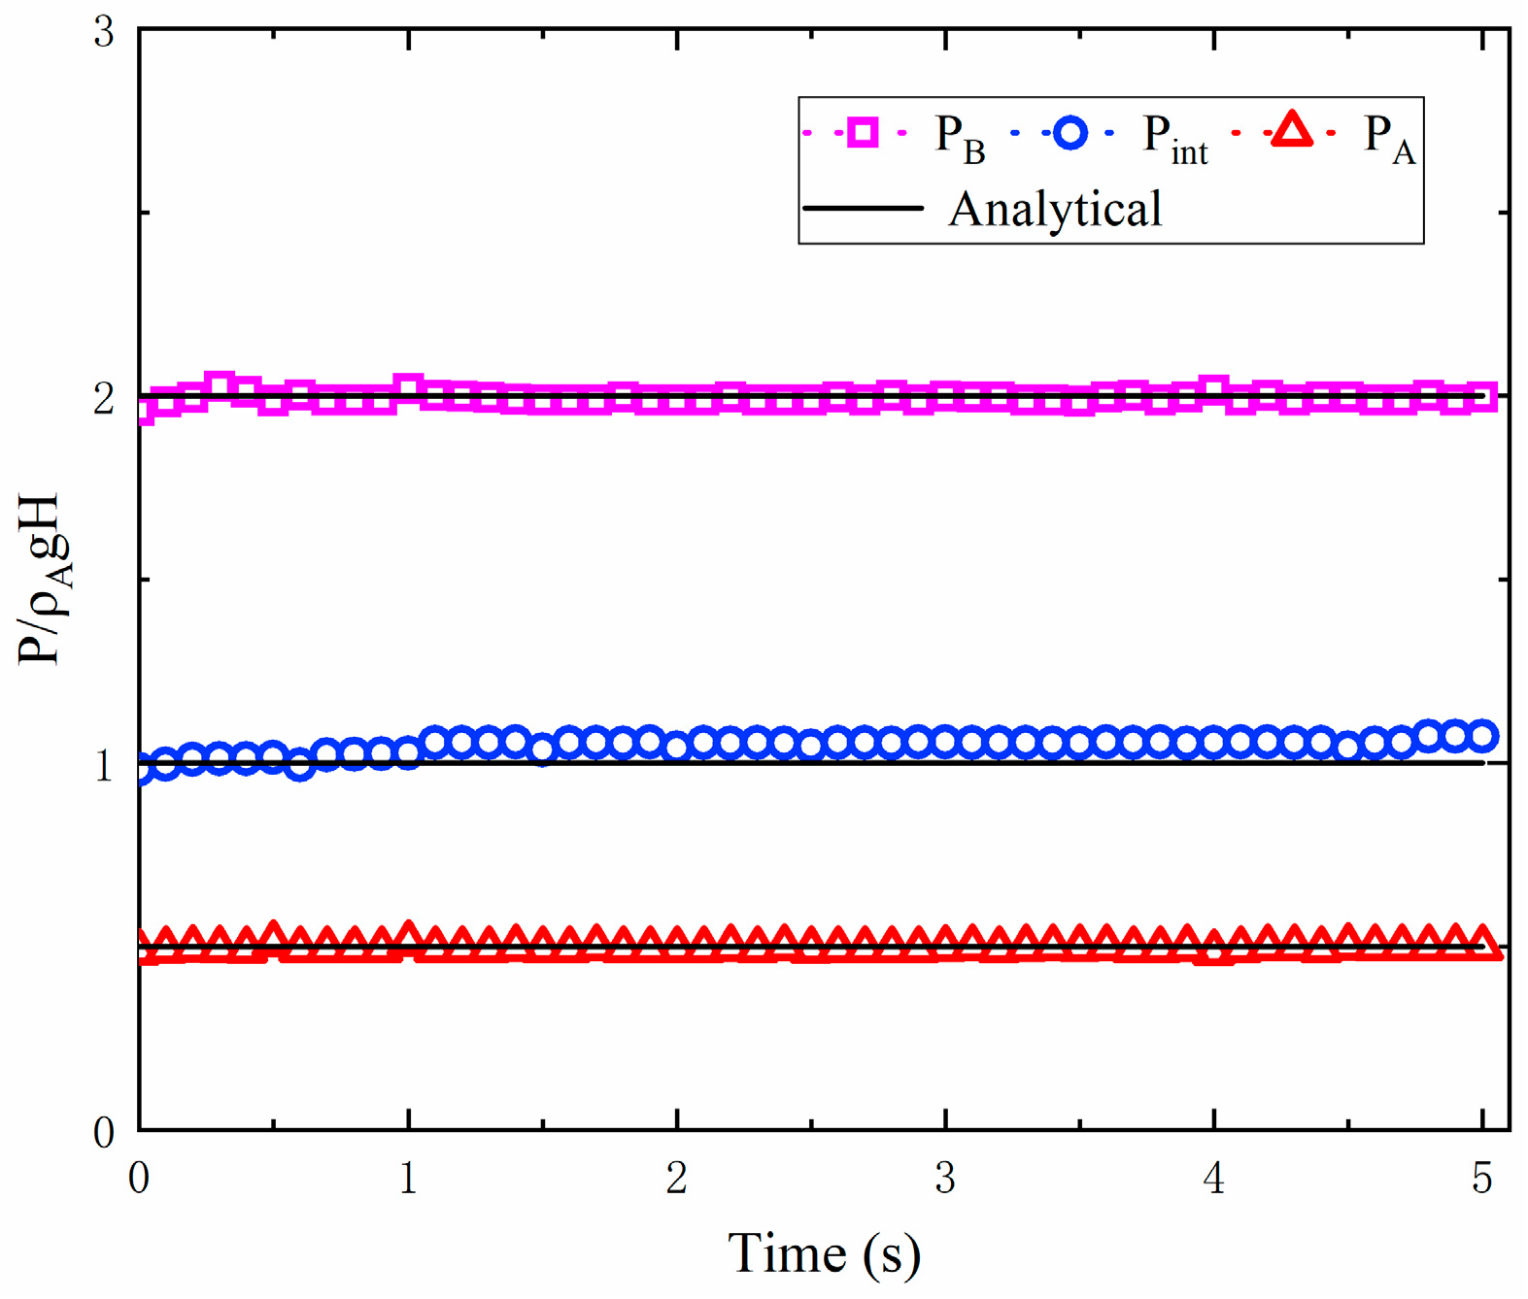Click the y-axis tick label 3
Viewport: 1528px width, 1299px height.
(104, 32)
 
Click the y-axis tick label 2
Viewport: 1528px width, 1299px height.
(104, 397)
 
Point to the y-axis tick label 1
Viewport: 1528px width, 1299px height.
(104, 765)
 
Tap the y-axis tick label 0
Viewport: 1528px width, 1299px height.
(104, 1132)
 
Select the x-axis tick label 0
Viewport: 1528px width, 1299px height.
(139, 1178)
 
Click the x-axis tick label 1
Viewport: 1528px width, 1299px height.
(408, 1178)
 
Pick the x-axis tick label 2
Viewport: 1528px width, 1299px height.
(676, 1178)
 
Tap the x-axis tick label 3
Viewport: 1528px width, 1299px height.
(945, 1178)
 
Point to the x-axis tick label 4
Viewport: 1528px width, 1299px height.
(1213, 1178)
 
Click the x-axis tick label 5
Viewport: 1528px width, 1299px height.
(1481, 1178)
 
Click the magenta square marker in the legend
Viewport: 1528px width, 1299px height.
(862, 131)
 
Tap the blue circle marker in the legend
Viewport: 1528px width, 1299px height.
(1070, 131)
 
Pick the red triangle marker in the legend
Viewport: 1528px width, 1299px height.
(1292, 131)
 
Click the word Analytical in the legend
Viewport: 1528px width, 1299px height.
(1055, 209)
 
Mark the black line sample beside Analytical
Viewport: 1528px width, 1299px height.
(863, 208)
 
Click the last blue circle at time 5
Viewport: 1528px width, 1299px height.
(1482, 735)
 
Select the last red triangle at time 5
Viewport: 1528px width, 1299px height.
(1483, 944)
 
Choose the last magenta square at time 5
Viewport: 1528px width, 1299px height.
(1482, 397)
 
